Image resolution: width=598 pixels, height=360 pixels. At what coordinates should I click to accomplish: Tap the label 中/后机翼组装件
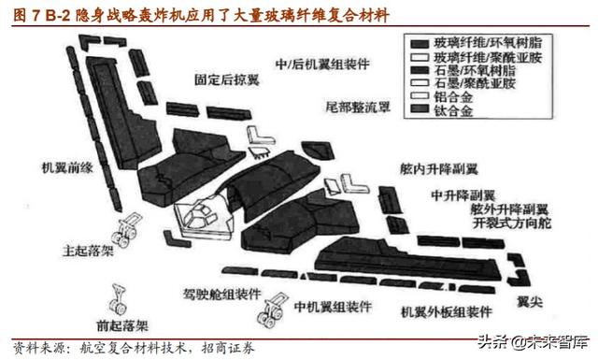click(x=315, y=65)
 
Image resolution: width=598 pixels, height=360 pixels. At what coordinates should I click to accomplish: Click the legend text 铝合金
click(x=453, y=96)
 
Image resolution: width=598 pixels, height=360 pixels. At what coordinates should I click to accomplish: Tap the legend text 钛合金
click(x=453, y=109)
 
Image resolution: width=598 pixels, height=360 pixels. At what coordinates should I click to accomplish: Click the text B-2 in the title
click(x=44, y=14)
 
